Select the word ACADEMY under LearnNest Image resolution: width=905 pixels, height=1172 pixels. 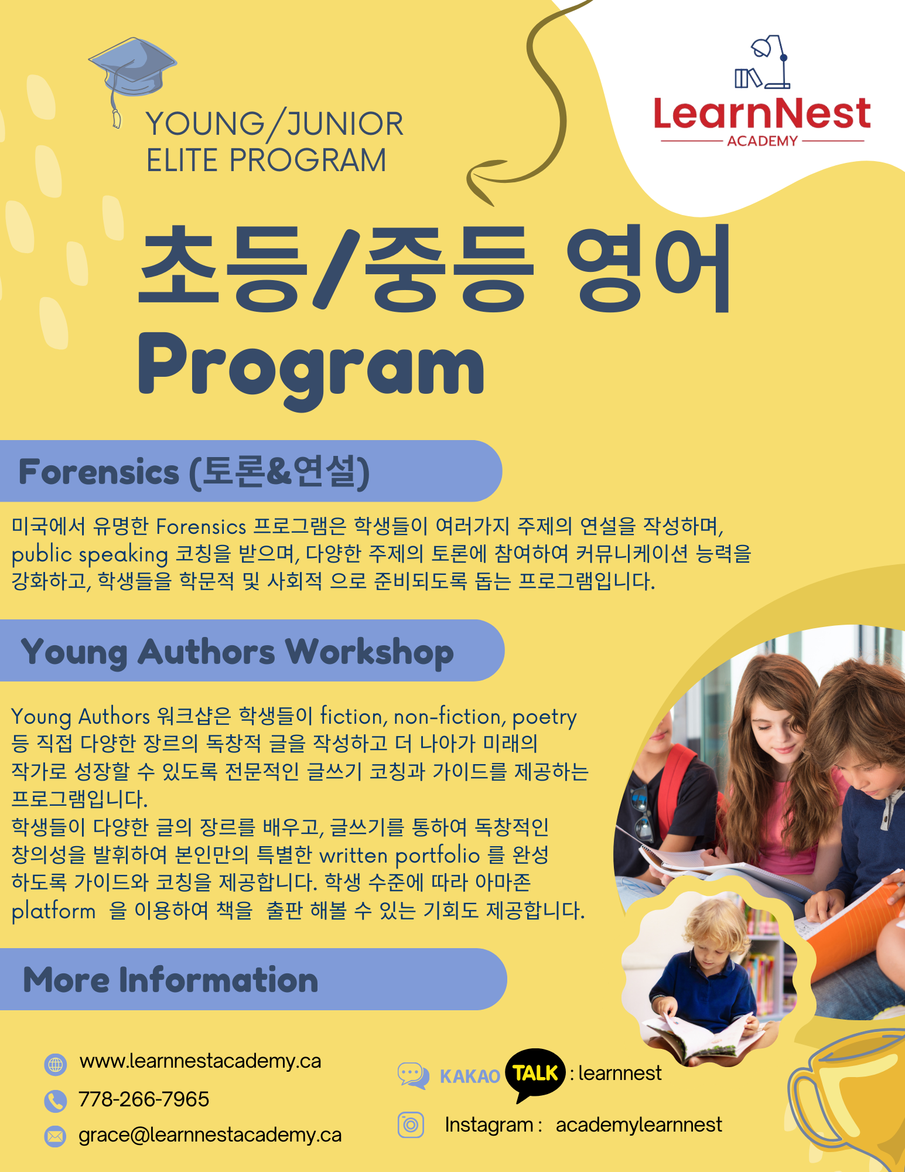pos(762,141)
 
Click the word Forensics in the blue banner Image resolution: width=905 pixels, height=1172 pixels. pos(99,472)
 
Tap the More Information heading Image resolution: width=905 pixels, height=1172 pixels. pos(170,980)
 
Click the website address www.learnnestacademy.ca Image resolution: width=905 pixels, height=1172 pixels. pos(200,1061)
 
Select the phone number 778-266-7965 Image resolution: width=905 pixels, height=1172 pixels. pos(144,1099)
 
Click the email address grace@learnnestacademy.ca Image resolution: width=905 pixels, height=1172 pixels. pos(210,1135)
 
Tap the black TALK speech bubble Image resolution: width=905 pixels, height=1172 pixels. pos(535,1074)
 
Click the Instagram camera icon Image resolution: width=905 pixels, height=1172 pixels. pos(411,1125)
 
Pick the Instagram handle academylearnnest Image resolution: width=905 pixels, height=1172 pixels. pos(638,1125)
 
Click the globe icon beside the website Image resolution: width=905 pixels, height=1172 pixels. pos(56,1064)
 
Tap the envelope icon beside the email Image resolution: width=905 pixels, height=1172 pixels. pos(55,1137)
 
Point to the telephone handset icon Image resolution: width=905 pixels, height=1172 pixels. pos(55,1101)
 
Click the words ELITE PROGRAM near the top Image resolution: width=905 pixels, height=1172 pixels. pos(267,161)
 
